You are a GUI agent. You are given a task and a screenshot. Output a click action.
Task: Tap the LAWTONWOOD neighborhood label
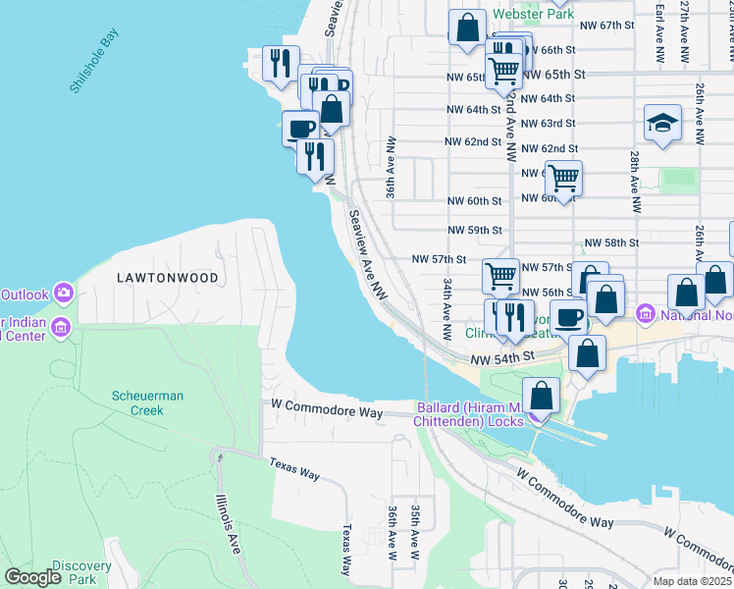[x=167, y=278]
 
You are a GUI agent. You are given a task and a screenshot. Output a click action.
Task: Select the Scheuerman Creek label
[x=143, y=402]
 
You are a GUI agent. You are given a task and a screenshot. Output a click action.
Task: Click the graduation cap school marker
[x=663, y=124]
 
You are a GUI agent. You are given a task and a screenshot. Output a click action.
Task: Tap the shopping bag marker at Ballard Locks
[x=541, y=397]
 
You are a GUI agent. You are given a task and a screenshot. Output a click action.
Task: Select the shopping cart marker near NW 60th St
[x=564, y=179]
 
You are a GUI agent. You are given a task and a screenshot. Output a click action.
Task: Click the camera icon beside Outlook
[x=64, y=293]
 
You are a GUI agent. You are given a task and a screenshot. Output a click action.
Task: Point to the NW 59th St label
[x=474, y=230]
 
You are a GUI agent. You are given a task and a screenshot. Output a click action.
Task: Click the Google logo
[x=33, y=577]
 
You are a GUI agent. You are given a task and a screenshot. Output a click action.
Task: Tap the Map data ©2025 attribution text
[x=693, y=581]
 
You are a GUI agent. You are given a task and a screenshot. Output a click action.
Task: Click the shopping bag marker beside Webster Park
[x=468, y=27]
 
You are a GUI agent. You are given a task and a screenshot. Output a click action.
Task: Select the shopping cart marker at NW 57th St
[x=501, y=277]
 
